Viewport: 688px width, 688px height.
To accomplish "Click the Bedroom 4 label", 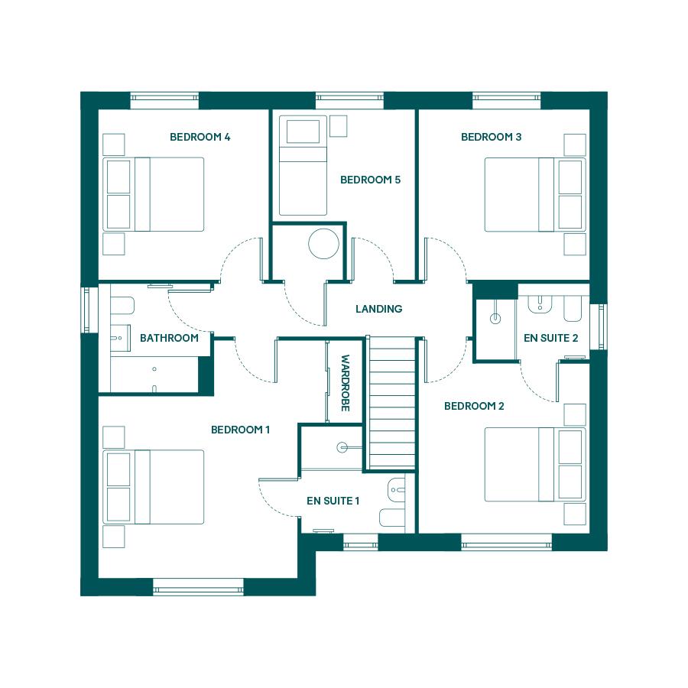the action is tap(200, 137).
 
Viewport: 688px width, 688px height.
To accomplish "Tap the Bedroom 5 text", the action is tap(370, 180).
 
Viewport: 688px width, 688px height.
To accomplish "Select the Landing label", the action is tap(378, 309).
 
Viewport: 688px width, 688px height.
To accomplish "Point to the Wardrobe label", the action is tap(346, 383).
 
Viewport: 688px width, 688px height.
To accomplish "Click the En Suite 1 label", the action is tap(333, 501).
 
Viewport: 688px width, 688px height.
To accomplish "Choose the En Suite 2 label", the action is tap(550, 338).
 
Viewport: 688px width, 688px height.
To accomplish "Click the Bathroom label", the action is tap(169, 338).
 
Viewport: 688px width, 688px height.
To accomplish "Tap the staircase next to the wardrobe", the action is tap(392, 402).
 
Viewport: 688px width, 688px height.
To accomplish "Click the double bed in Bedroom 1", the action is tap(154, 487).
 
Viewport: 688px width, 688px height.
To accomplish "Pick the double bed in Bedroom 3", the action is tap(535, 194).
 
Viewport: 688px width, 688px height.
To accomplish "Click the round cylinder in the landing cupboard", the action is tap(323, 244).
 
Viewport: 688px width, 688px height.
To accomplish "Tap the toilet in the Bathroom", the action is tap(122, 305).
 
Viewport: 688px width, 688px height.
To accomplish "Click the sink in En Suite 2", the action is tap(540, 303).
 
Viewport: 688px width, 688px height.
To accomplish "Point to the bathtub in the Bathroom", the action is tap(154, 375).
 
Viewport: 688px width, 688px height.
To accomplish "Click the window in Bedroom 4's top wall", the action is tap(164, 100).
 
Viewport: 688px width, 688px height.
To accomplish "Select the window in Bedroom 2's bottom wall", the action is tap(506, 542).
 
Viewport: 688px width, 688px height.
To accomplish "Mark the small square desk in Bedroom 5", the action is tap(339, 126).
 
